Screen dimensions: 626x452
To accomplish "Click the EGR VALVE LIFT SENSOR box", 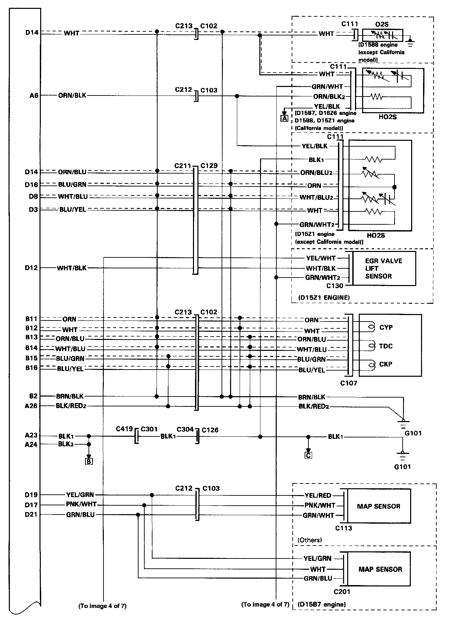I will [384, 268].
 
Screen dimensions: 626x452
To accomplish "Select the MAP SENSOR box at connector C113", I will [378, 506].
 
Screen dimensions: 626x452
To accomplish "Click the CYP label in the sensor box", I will [386, 327].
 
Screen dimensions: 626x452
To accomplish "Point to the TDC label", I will [386, 346].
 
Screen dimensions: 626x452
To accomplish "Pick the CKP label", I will [386, 364].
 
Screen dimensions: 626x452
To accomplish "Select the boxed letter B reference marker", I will [89, 461].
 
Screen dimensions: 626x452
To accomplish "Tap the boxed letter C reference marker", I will [308, 455].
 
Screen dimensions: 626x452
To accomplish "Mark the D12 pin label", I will [31, 268].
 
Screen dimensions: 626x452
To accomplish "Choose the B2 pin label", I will [33, 396].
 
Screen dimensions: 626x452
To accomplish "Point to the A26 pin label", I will [31, 406].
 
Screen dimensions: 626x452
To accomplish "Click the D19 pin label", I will [31, 495].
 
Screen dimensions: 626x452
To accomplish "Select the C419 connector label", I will [124, 429].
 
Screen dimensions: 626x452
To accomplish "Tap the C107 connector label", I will [349, 383].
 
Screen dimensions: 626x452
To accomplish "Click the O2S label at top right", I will [382, 24].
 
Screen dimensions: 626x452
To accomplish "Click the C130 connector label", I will [335, 286].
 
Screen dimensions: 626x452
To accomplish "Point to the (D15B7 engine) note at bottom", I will [322, 605].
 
